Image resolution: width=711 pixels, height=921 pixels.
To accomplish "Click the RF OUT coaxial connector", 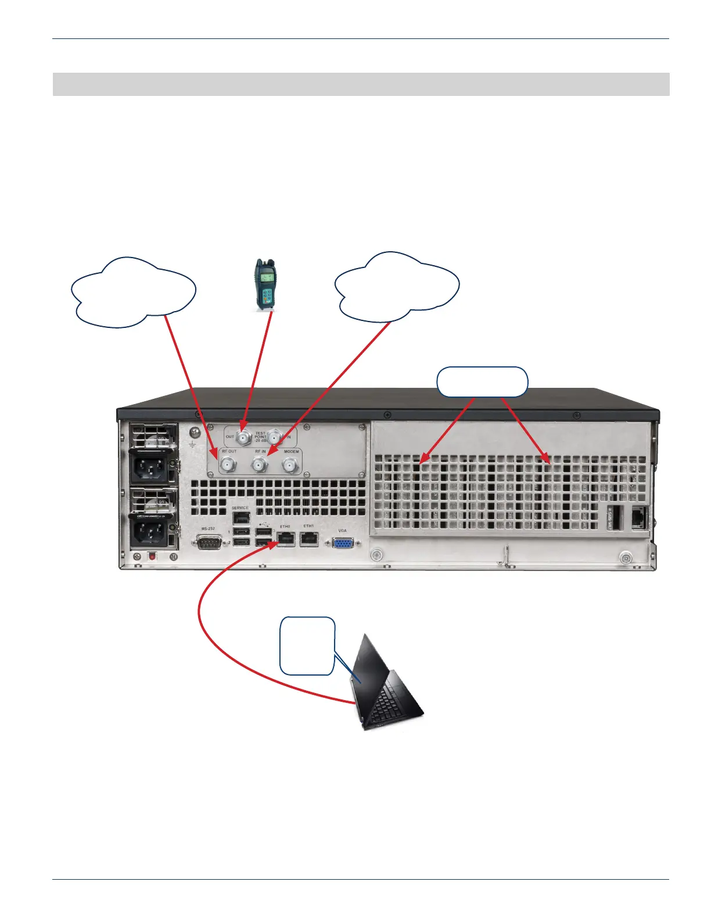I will click(x=227, y=464).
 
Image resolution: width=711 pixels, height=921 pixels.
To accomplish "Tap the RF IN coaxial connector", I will click(x=259, y=464).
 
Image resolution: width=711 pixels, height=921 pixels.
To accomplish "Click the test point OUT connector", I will click(x=243, y=437).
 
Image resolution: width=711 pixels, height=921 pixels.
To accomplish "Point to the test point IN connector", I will click(x=275, y=436).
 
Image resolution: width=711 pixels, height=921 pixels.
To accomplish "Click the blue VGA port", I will click(x=343, y=542).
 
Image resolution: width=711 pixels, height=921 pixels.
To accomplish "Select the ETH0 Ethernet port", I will click(x=286, y=539).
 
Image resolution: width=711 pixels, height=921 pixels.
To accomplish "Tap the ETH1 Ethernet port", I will click(x=308, y=539).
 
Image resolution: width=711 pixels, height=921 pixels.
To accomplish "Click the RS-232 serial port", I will click(x=209, y=542).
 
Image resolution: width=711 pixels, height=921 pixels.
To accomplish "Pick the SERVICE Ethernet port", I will click(x=240, y=517).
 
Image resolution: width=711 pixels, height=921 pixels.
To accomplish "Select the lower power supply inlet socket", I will click(x=150, y=529).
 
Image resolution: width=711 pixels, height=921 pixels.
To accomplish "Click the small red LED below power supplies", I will click(x=153, y=556).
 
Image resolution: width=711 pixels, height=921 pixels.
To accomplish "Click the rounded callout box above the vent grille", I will click(x=482, y=382).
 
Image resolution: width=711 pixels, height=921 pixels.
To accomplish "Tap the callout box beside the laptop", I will click(x=307, y=646).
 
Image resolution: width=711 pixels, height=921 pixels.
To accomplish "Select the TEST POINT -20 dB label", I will click(x=260, y=437).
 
